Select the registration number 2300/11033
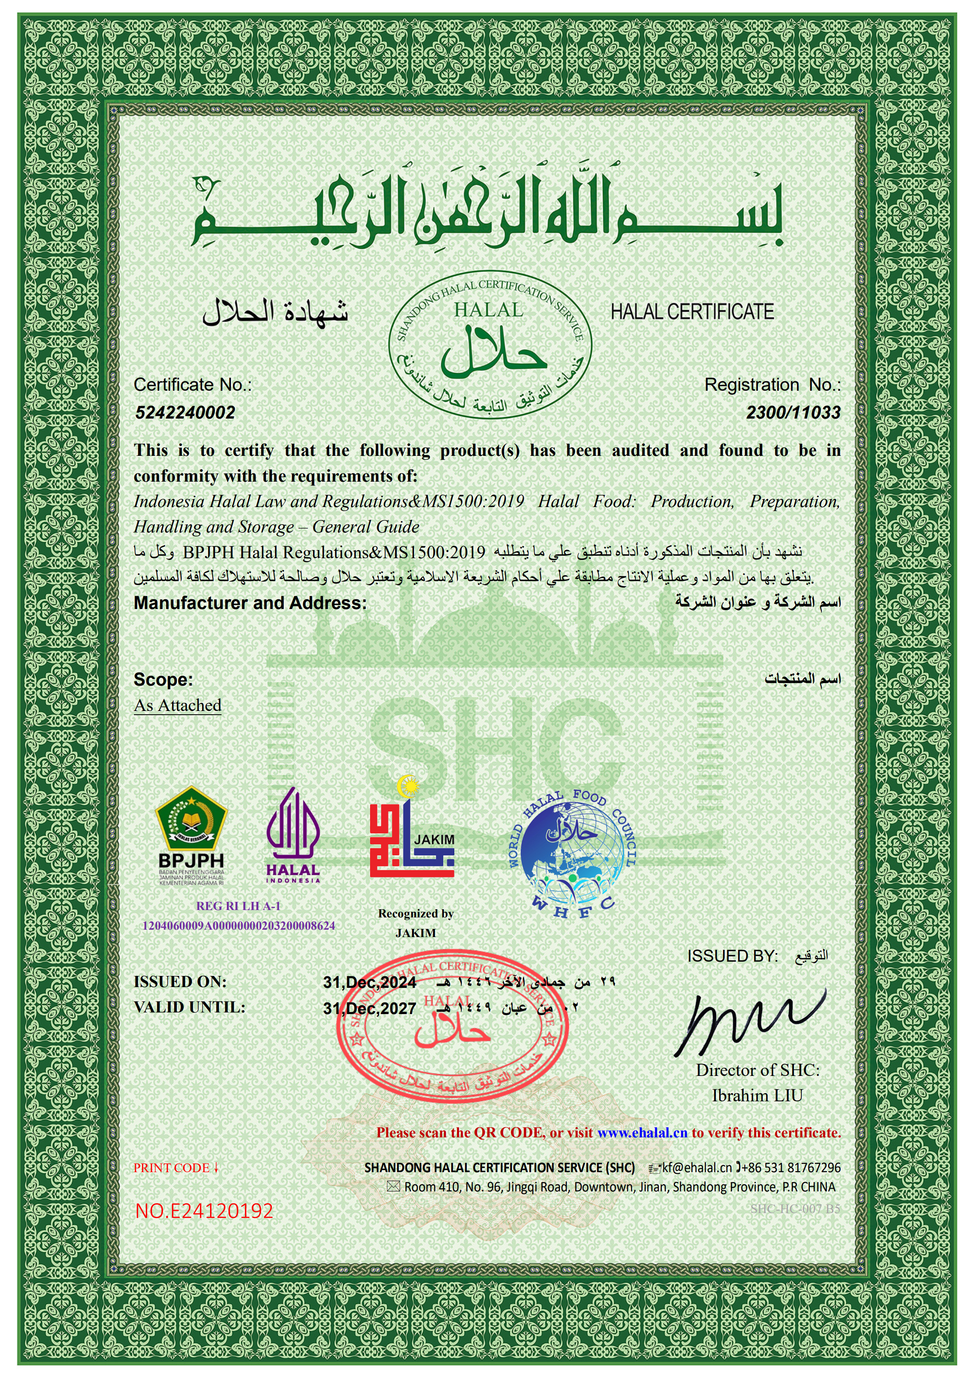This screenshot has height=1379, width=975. [x=793, y=412]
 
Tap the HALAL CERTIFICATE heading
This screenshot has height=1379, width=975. [x=692, y=312]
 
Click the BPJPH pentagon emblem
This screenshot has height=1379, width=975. [x=191, y=818]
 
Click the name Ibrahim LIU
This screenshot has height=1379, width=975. [x=757, y=1096]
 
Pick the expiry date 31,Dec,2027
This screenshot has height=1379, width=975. [x=369, y=1008]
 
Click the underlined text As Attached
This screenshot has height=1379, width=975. [x=178, y=705]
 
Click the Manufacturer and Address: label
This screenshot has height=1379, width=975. [x=250, y=603]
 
